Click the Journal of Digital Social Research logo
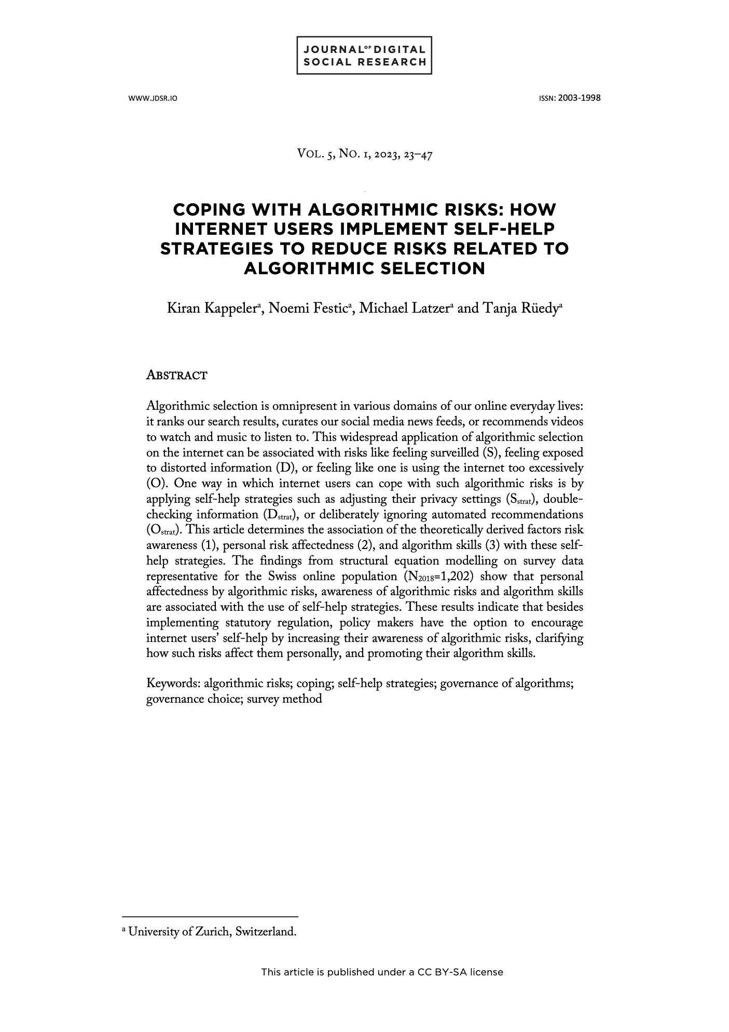pos(364,56)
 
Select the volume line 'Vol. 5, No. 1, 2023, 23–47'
pos(364,154)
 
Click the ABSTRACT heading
pos(177,375)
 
